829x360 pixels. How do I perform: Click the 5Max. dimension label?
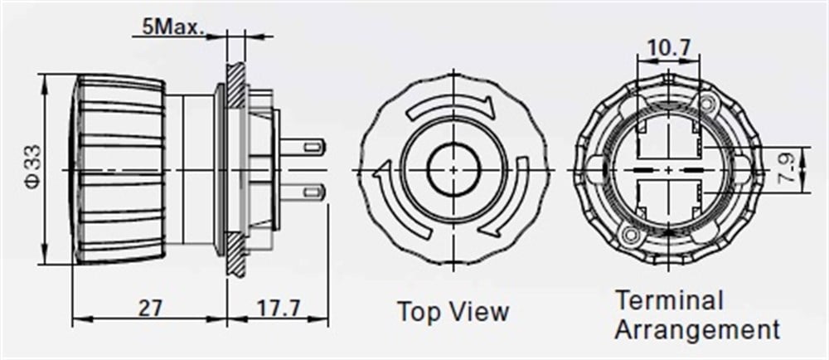pos(172,27)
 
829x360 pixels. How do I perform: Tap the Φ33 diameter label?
pos(30,169)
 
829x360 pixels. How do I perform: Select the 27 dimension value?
pos(149,308)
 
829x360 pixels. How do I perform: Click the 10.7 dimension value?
pos(668,48)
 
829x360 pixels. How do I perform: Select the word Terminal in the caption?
pos(669,300)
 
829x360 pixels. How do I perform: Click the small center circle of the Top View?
pos(453,169)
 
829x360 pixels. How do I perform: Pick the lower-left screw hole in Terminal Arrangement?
pos(629,236)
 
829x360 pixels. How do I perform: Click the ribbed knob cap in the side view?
pos(120,169)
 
